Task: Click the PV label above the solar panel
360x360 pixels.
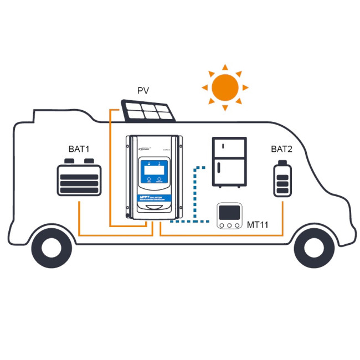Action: pos(143,90)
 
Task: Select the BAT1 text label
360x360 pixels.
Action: pos(79,149)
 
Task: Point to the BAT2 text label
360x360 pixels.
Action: pos(282,149)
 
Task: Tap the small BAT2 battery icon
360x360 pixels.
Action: pos(282,178)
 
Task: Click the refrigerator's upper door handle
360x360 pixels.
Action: pos(223,146)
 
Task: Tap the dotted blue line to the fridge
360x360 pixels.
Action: pos(193,194)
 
